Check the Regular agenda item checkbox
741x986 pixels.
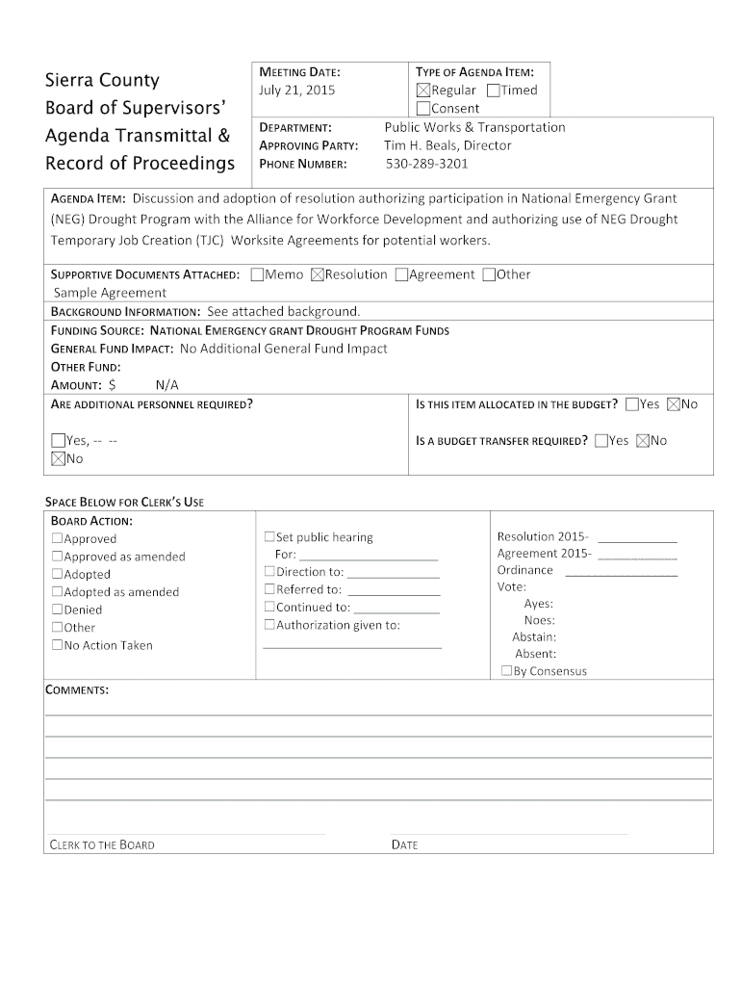pyautogui.click(x=422, y=91)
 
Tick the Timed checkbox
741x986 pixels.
pyautogui.click(x=494, y=91)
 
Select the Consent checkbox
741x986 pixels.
pyautogui.click(x=422, y=108)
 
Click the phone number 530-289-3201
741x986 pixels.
pyautogui.click(x=426, y=164)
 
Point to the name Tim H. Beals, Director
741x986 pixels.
pyautogui.click(x=447, y=145)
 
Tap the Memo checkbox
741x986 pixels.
pyautogui.click(x=256, y=274)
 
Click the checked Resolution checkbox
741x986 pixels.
pyautogui.click(x=318, y=274)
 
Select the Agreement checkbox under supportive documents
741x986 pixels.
pyautogui.click(x=401, y=274)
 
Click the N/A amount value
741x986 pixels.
pyautogui.click(x=167, y=385)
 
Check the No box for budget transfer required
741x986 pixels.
pyautogui.click(x=643, y=441)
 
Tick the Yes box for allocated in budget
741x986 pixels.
pyautogui.click(x=632, y=404)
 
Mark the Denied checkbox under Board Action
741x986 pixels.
pyautogui.click(x=58, y=610)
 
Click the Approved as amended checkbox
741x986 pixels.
pyautogui.click(x=58, y=558)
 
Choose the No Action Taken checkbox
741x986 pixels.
pyautogui.click(x=58, y=646)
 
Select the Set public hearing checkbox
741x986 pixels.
pyautogui.click(x=269, y=537)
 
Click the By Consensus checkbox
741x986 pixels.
pyautogui.click(x=506, y=672)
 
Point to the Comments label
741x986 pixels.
pyautogui.click(x=77, y=691)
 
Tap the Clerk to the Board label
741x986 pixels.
pyautogui.click(x=102, y=845)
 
